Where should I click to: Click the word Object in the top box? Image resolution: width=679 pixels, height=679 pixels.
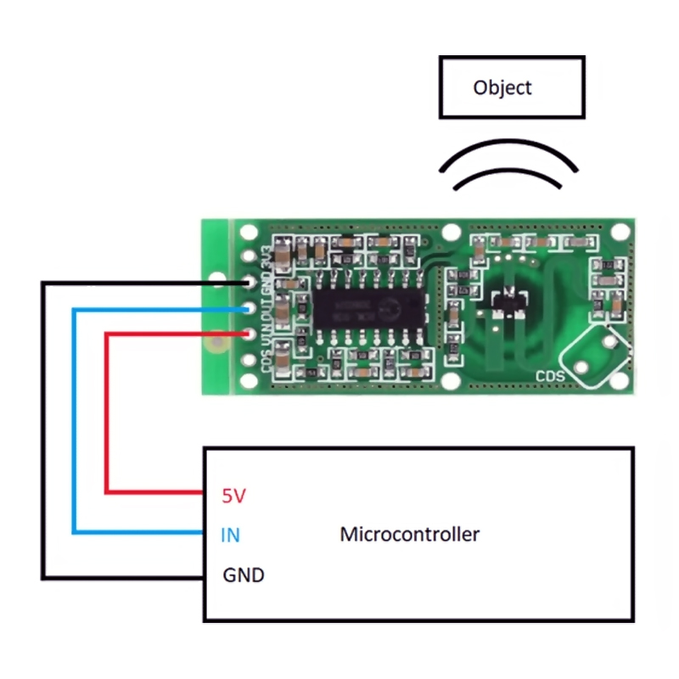[502, 87]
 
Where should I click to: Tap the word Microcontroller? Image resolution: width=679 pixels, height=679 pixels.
[409, 535]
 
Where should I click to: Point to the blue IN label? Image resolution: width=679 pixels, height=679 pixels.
[229, 536]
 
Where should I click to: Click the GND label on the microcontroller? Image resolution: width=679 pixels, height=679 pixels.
[244, 575]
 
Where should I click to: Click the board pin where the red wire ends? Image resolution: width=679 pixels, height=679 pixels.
[250, 334]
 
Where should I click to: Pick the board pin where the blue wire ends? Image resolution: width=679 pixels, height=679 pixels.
[250, 309]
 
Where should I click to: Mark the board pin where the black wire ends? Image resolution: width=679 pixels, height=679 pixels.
[250, 283]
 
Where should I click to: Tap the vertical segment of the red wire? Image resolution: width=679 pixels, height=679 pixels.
[106, 412]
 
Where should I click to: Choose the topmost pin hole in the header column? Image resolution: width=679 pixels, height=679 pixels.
[250, 232]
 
